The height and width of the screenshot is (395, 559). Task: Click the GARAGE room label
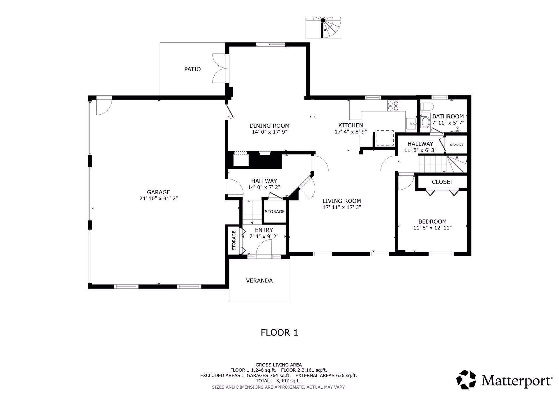pyautogui.click(x=158, y=192)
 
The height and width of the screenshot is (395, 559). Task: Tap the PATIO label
pyautogui.click(x=192, y=69)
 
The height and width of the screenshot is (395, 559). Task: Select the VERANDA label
pyautogui.click(x=259, y=281)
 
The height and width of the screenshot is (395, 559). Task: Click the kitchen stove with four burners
pyautogui.click(x=393, y=106)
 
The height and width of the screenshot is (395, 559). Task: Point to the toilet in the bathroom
pyautogui.click(x=427, y=107)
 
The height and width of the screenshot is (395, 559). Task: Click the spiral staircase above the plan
pyautogui.click(x=323, y=28)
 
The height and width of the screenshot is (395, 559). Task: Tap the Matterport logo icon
pyautogui.click(x=466, y=380)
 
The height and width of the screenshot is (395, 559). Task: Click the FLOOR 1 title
pyautogui.click(x=279, y=333)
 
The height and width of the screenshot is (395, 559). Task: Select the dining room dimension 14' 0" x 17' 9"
pyautogui.click(x=269, y=132)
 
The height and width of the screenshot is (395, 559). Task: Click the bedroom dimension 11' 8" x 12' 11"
pyautogui.click(x=432, y=228)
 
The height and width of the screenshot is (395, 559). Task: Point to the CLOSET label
pyautogui.click(x=443, y=182)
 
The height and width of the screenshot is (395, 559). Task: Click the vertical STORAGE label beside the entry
pyautogui.click(x=234, y=240)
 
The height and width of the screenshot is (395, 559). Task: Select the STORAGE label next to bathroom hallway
pyautogui.click(x=456, y=145)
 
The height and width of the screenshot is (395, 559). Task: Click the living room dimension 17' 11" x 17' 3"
pyautogui.click(x=342, y=207)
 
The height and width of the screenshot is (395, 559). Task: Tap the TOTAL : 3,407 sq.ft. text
pyautogui.click(x=278, y=380)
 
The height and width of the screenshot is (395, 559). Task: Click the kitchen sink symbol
pyautogui.click(x=411, y=124)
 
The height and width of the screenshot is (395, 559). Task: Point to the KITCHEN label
pyautogui.click(x=351, y=125)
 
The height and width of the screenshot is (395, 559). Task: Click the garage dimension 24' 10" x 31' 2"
pyautogui.click(x=158, y=199)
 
